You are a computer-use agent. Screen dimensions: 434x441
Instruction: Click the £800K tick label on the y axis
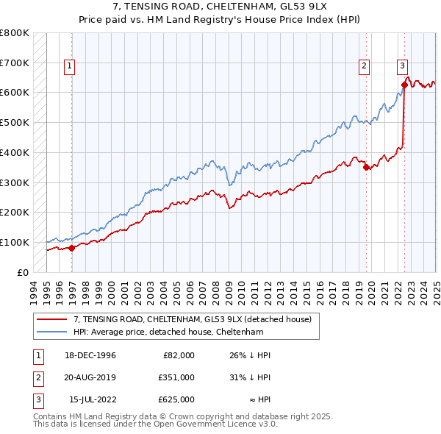point(15,33)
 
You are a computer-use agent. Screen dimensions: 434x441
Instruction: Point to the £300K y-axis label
point(15,182)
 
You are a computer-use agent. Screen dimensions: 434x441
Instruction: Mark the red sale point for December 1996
point(72,248)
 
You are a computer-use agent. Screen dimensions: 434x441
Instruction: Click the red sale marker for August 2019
point(366,167)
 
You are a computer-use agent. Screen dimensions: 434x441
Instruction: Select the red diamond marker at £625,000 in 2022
point(404,85)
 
